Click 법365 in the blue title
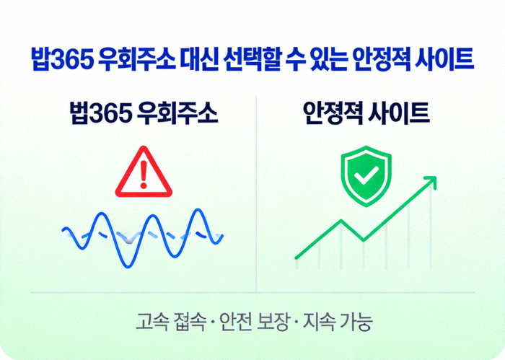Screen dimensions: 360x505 tap(60, 60)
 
